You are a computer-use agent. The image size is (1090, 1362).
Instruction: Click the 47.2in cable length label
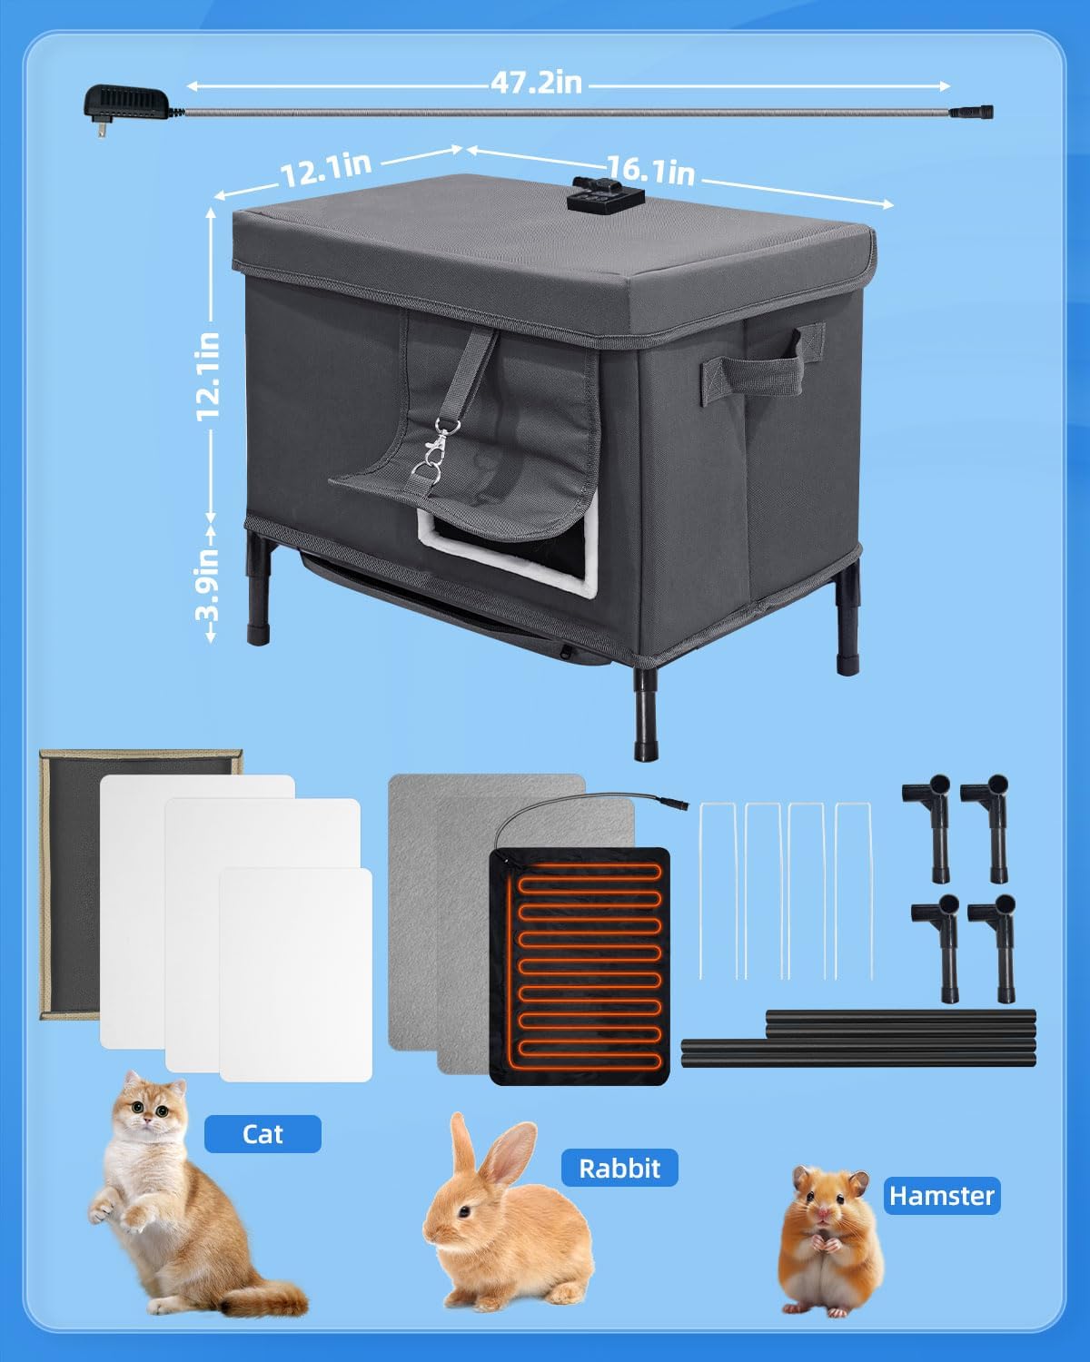tap(537, 83)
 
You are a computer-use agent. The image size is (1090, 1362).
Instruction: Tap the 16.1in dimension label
tap(651, 170)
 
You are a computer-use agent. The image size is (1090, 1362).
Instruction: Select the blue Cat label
tap(263, 1134)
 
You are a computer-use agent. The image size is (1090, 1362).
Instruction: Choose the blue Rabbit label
tap(619, 1168)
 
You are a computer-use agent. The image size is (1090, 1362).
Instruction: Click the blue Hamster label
tap(942, 1196)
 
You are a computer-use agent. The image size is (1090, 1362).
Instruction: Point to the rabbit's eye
tap(463, 1212)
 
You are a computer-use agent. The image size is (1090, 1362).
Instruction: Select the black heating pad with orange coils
tap(580, 966)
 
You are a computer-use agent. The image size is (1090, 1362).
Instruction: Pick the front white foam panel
tap(296, 975)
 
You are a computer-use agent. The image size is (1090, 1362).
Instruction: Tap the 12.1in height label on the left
tap(209, 375)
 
